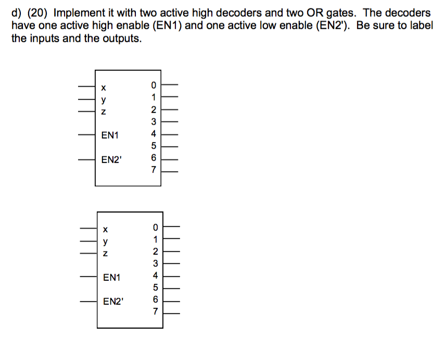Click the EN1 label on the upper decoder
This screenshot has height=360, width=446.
pyautogui.click(x=110, y=135)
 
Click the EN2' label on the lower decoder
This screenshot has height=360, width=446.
pyautogui.click(x=112, y=301)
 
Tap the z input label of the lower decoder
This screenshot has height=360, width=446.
pyautogui.click(x=106, y=254)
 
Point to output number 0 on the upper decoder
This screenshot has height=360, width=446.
pyautogui.click(x=154, y=84)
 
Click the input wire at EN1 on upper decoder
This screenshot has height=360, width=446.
pyautogui.click(x=87, y=135)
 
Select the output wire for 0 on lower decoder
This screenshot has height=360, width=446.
pyautogui.click(x=173, y=227)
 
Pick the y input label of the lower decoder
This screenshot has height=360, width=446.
pyautogui.click(x=106, y=241)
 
